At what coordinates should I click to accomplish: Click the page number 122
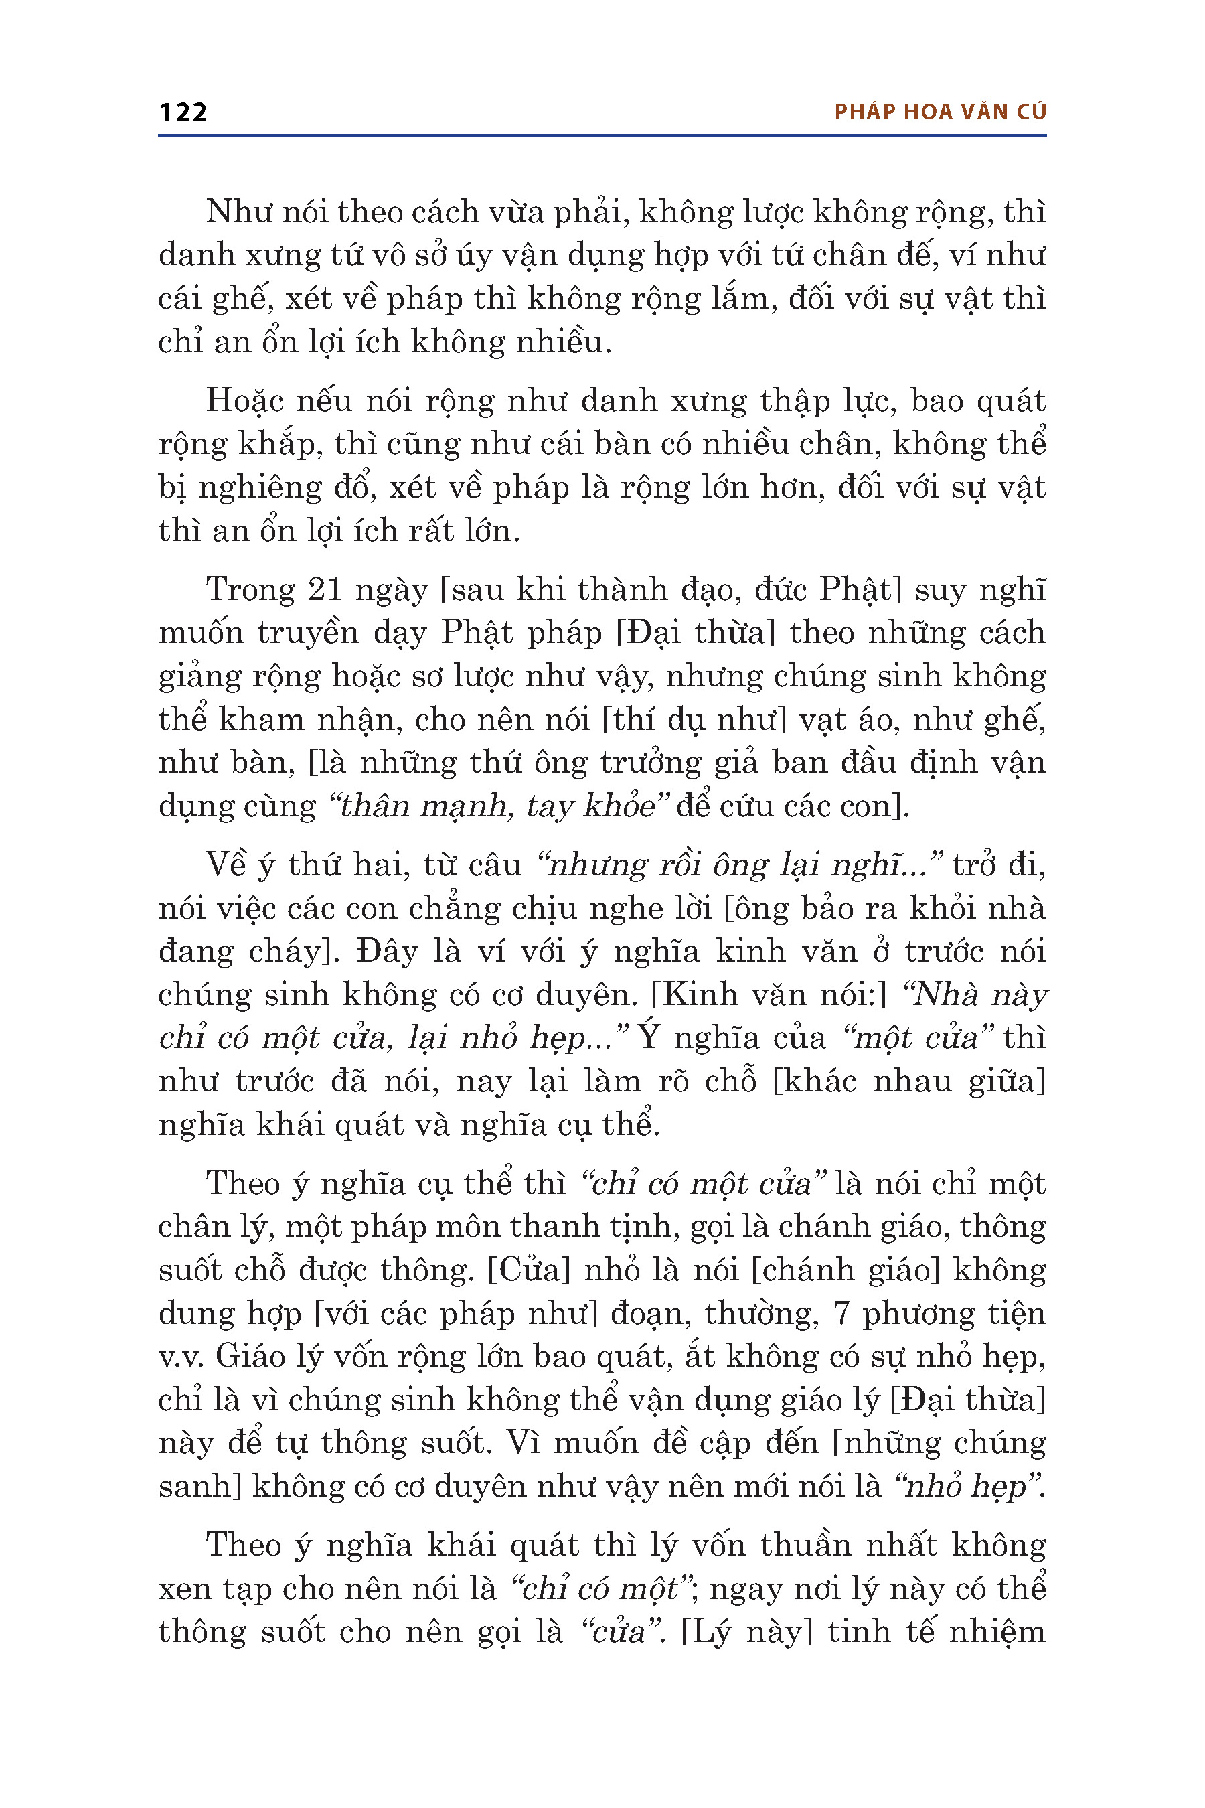pyautogui.click(x=183, y=112)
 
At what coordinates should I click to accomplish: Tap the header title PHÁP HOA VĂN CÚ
pyautogui.click(x=940, y=112)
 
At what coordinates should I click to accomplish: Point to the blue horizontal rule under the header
pyautogui.click(x=602, y=136)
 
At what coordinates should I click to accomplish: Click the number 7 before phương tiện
pyautogui.click(x=841, y=1314)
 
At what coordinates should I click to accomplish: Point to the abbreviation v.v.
pyautogui.click(x=181, y=1357)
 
